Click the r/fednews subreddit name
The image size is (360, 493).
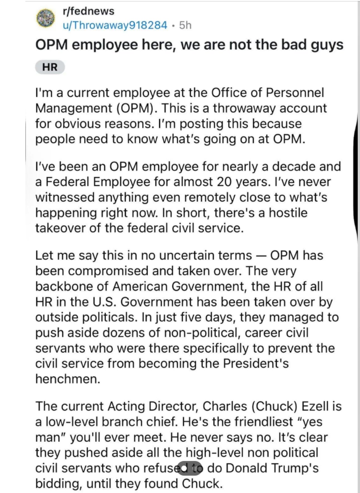(88, 11)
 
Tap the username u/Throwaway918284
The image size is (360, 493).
(115, 25)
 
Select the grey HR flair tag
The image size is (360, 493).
(50, 67)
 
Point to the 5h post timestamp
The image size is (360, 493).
(185, 25)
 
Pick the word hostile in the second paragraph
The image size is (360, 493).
(288, 213)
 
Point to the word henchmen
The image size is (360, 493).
(67, 379)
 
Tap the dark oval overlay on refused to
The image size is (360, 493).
(190, 468)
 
